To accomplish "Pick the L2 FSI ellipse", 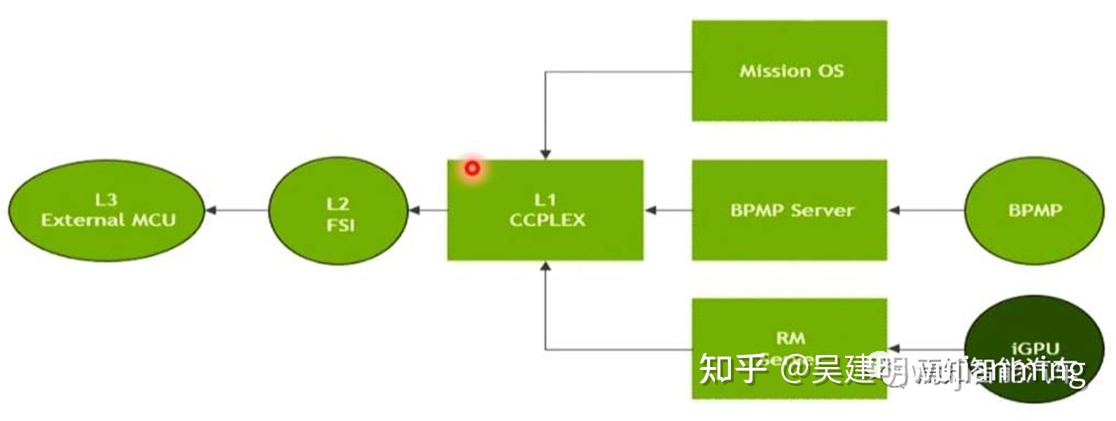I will coord(338,210).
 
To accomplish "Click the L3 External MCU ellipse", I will coord(106,210).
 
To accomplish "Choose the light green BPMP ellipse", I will coord(1034,209).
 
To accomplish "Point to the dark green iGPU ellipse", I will coord(1034,329).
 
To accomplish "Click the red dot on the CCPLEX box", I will coord(473,168).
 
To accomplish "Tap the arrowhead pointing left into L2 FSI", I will coord(413,210).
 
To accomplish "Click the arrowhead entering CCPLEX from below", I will coord(545,266).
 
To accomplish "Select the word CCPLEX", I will coord(547,220).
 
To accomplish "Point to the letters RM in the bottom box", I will coord(790,338).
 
